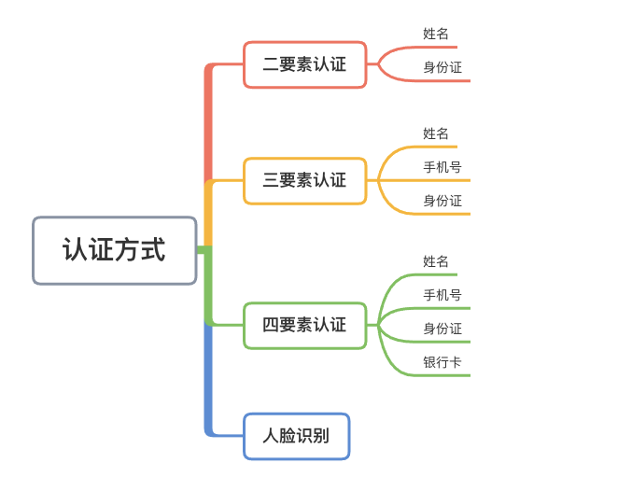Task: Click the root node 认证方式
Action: tap(114, 250)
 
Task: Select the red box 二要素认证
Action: tap(304, 64)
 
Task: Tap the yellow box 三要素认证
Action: tap(304, 180)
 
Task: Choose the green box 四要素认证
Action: tap(304, 325)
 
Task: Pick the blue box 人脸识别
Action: tap(296, 436)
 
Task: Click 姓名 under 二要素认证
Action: tap(436, 34)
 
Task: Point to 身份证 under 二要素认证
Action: tap(442, 67)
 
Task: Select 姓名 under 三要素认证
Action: tap(436, 133)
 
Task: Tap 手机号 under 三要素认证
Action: tap(442, 167)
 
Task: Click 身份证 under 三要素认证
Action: tap(442, 201)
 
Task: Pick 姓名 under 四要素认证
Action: tap(436, 261)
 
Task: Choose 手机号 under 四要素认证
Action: tap(442, 295)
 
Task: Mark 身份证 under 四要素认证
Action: tap(442, 329)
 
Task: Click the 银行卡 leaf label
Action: tap(442, 362)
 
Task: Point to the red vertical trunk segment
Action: tap(209, 121)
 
